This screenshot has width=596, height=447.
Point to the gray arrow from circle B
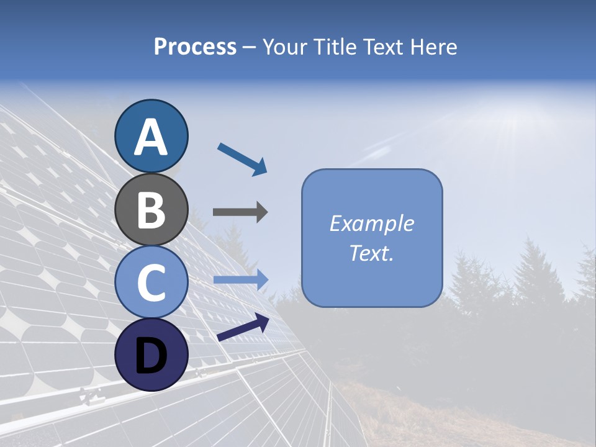pyautogui.click(x=240, y=212)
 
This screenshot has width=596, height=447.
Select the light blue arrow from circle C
pyautogui.click(x=241, y=280)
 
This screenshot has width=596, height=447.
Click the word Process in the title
pyautogui.click(x=195, y=47)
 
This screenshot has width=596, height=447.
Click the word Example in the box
pyautogui.click(x=371, y=223)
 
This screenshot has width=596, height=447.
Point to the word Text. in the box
pyautogui.click(x=371, y=253)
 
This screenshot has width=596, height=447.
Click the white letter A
pyautogui.click(x=151, y=137)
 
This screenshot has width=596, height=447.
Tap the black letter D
pyautogui.click(x=151, y=356)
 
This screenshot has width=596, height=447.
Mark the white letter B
pyautogui.click(x=151, y=209)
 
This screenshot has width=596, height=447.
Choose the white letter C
pyautogui.click(x=151, y=282)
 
